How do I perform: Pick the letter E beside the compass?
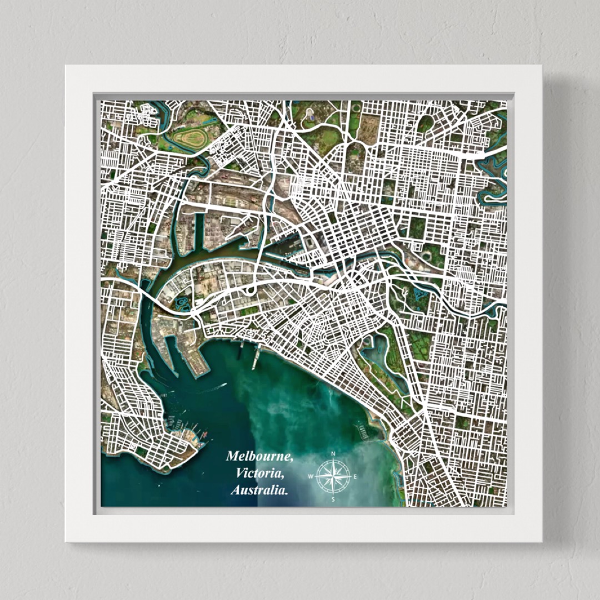coord(356,477)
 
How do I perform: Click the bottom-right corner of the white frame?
coord(541,541)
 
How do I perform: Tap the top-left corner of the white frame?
coord(66,66)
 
